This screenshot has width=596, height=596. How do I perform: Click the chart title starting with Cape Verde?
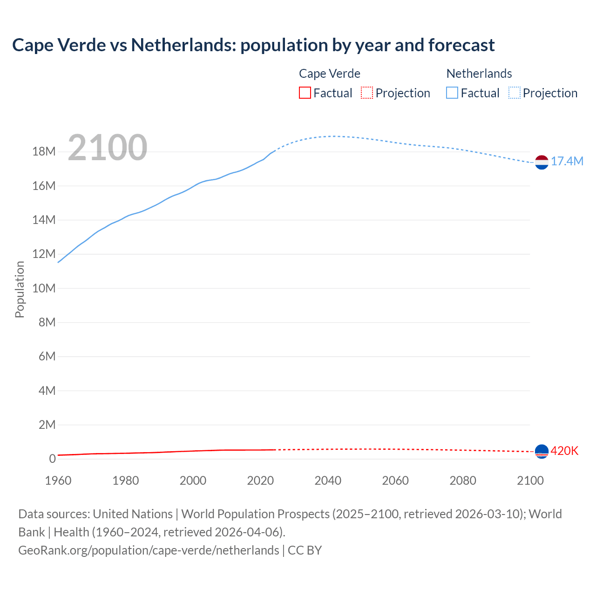pyautogui.click(x=253, y=45)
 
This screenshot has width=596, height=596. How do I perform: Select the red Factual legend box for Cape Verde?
pyautogui.click(x=305, y=93)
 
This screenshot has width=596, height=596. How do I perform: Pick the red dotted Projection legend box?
pyautogui.click(x=367, y=93)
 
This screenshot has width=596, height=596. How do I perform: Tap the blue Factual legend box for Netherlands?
pyautogui.click(x=452, y=93)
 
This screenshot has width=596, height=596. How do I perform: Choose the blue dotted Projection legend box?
pyautogui.click(x=515, y=93)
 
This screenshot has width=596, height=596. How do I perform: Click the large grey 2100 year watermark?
pyautogui.click(x=108, y=148)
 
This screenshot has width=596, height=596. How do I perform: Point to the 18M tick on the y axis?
pyautogui.click(x=44, y=152)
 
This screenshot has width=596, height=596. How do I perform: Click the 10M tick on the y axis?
pyautogui.click(x=44, y=288)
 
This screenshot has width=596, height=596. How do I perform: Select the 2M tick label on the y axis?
pyautogui.click(x=47, y=425)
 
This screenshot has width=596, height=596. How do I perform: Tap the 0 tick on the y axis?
pyautogui.click(x=52, y=459)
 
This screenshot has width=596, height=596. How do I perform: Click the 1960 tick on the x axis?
pyautogui.click(x=58, y=481)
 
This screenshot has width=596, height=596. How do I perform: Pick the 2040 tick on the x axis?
pyautogui.click(x=328, y=481)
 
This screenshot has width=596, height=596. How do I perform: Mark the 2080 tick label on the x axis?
pyautogui.click(x=463, y=481)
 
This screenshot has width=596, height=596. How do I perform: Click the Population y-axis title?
pyautogui.click(x=20, y=289)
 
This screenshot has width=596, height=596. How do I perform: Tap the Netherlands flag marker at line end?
pyautogui.click(x=542, y=163)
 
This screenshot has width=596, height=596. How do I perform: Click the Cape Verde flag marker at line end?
pyautogui.click(x=542, y=451)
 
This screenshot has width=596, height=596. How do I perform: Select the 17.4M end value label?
pyautogui.click(x=567, y=162)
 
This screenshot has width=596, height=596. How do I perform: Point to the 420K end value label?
pyautogui.click(x=564, y=451)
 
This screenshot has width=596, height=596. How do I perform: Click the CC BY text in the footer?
pyautogui.click(x=305, y=550)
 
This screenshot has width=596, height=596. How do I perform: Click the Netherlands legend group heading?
pyautogui.click(x=479, y=74)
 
